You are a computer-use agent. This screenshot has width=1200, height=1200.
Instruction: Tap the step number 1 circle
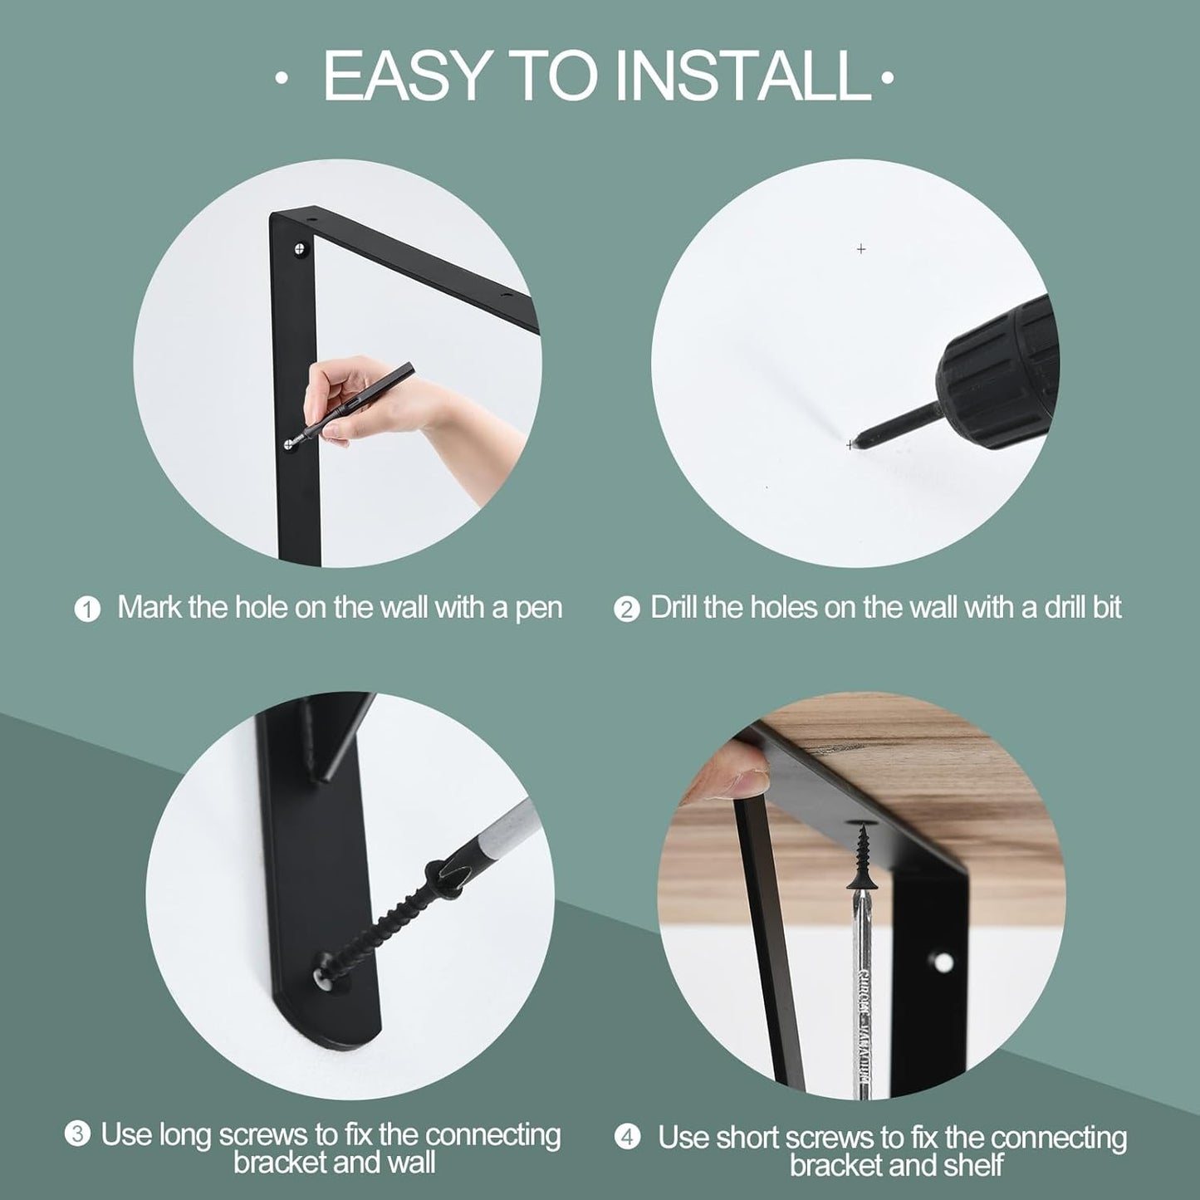87,610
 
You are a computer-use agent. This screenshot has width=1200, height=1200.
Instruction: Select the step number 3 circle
77,1134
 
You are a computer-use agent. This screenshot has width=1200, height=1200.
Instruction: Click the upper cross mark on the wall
861,248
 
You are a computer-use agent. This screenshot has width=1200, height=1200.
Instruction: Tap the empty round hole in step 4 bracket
943,962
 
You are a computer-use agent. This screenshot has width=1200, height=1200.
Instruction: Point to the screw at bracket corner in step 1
300,247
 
